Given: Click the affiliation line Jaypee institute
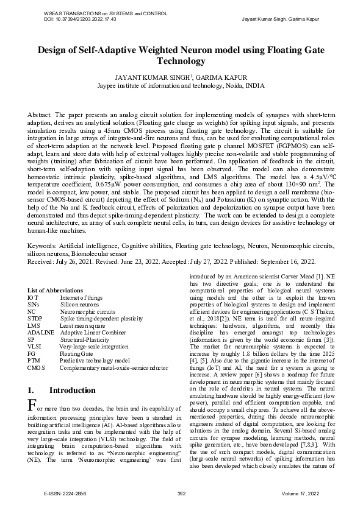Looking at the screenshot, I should pyautogui.click(x=181, y=86).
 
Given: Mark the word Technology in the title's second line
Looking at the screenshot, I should pyautogui.click(x=181, y=62).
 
